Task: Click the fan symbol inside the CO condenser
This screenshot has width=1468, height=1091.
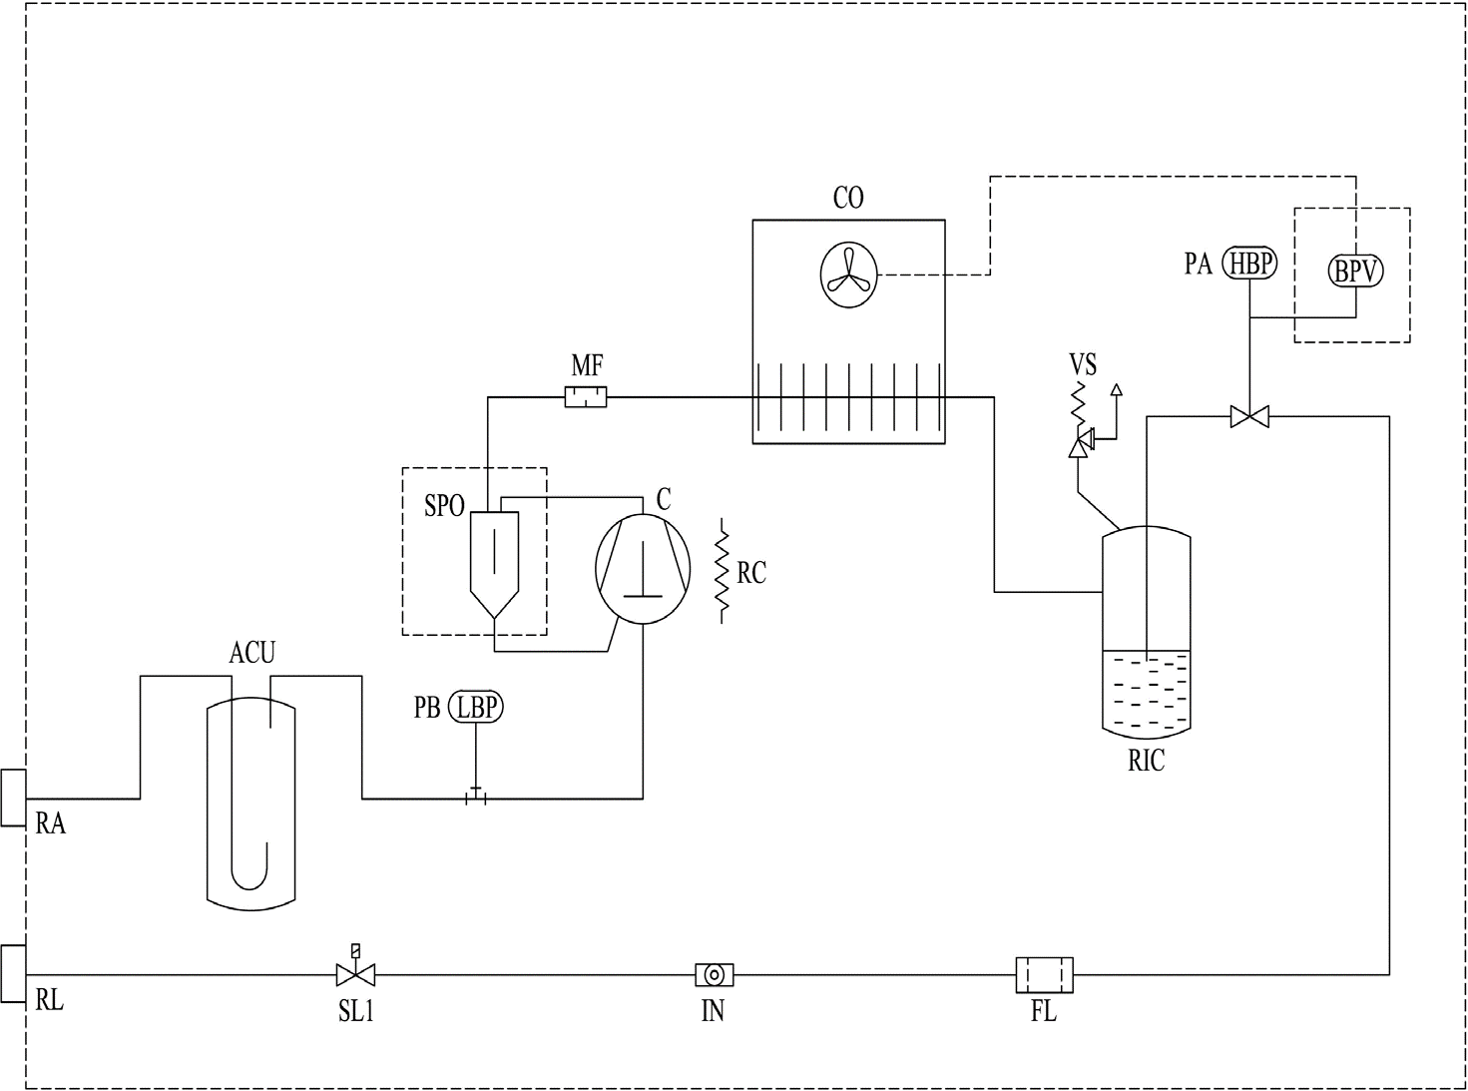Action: pos(848,274)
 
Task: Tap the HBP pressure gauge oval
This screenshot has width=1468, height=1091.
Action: pos(1248,263)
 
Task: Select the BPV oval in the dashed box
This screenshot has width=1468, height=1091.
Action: pos(1355,271)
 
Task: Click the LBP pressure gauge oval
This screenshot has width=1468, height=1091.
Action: pos(476,707)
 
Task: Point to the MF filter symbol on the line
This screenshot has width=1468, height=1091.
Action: pos(586,397)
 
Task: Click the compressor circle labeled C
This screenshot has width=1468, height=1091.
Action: pos(643,569)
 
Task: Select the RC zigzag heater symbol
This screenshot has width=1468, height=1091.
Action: pos(722,571)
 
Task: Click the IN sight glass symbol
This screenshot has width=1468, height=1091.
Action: pos(715,975)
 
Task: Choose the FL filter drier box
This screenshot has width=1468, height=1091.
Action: pos(1045,975)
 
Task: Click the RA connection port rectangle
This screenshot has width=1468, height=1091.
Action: pos(13,798)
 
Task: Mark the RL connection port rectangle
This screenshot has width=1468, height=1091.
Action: pos(13,974)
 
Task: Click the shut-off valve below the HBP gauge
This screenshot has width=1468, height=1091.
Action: pos(1249,416)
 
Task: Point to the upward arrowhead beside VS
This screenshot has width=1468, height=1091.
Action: pos(1116,389)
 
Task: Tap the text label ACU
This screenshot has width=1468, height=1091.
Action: pos(252,653)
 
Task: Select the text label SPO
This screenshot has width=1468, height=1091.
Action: pos(444,506)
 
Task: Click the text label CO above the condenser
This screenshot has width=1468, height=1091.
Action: pos(848,198)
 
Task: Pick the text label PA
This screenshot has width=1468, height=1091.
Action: pos(1198,264)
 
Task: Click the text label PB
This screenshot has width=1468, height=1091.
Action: pos(427,708)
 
